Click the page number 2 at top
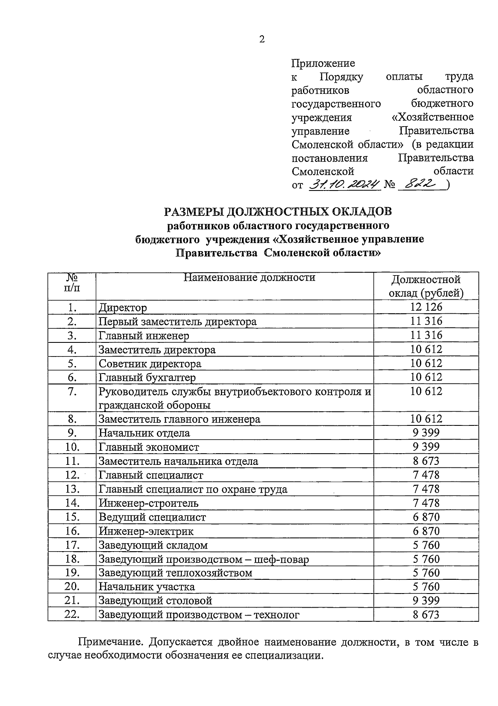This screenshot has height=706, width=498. point(261,39)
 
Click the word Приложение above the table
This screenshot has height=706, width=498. point(323,64)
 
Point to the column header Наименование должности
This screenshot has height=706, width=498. point(249,278)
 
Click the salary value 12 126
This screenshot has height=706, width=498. point(426,307)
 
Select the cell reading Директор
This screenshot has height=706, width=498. point(123,308)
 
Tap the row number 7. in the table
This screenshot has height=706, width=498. point(72,391)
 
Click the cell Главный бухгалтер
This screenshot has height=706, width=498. point(147,377)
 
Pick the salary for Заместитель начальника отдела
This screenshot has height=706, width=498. point(426,461)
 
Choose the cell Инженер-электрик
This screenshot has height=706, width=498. point(146,531)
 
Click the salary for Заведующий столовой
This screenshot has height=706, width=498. point(426,601)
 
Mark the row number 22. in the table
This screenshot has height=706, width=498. point(72,615)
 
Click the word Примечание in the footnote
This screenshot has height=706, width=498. point(110,642)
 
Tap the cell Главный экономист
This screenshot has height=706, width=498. point(149,447)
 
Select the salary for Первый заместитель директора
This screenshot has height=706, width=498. point(426,321)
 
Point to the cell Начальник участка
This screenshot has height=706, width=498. point(146,587)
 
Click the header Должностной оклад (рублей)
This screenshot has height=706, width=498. point(426,286)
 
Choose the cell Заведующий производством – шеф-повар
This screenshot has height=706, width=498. point(204,559)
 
